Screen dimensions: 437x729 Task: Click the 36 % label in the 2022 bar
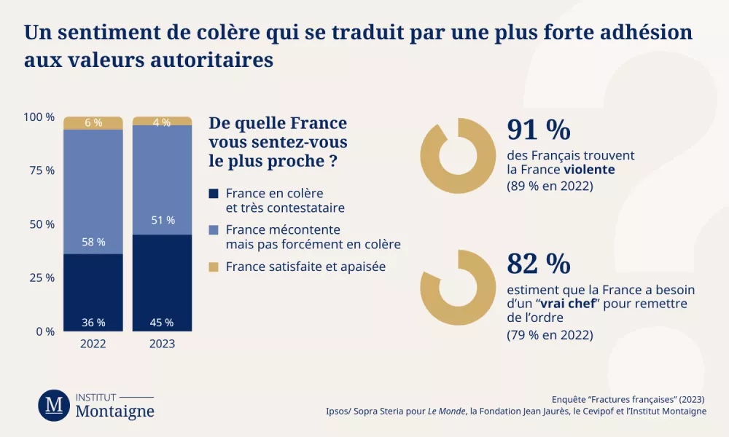93,322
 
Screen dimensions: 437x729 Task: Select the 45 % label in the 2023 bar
161,322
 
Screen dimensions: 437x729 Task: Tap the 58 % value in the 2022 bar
93,241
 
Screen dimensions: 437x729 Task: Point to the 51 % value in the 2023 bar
161,220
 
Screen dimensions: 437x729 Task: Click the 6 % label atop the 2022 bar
93,123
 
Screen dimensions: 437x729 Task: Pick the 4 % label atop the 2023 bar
161,122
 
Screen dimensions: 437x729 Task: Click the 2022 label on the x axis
93,344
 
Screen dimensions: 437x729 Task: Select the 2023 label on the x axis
161,344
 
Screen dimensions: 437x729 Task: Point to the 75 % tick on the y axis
39,170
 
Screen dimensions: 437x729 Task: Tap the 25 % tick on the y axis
39,277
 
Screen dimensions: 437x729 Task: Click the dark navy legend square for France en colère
214,194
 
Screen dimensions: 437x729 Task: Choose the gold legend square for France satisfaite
214,267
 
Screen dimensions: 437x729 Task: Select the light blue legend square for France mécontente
214,230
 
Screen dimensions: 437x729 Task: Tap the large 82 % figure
538,263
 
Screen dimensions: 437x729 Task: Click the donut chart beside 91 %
448,154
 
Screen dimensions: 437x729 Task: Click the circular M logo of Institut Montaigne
54,405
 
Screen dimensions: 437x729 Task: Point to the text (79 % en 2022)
550,335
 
